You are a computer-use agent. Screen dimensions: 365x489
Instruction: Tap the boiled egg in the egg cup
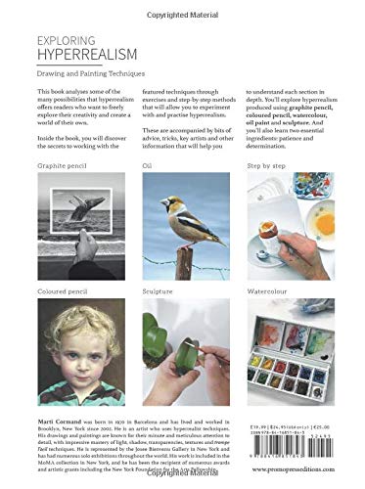[267, 214]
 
